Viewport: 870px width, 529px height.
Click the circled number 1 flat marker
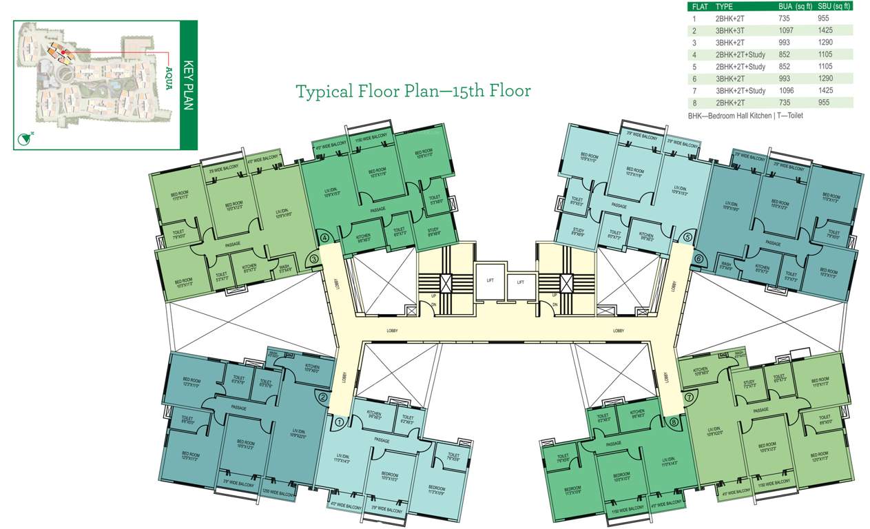point(338,421)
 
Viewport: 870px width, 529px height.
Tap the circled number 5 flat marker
point(687,238)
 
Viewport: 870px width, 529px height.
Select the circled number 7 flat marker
point(687,397)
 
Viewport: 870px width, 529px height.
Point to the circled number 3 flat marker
point(313,259)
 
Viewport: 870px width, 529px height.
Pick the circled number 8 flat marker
point(673,421)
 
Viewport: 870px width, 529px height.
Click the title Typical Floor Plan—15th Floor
point(413,91)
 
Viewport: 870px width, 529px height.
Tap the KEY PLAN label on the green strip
point(189,85)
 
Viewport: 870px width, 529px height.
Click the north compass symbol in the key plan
point(24,138)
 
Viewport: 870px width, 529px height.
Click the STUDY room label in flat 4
point(433,232)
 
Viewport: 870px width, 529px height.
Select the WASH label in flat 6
point(726,264)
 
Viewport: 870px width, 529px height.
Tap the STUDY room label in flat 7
point(749,384)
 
